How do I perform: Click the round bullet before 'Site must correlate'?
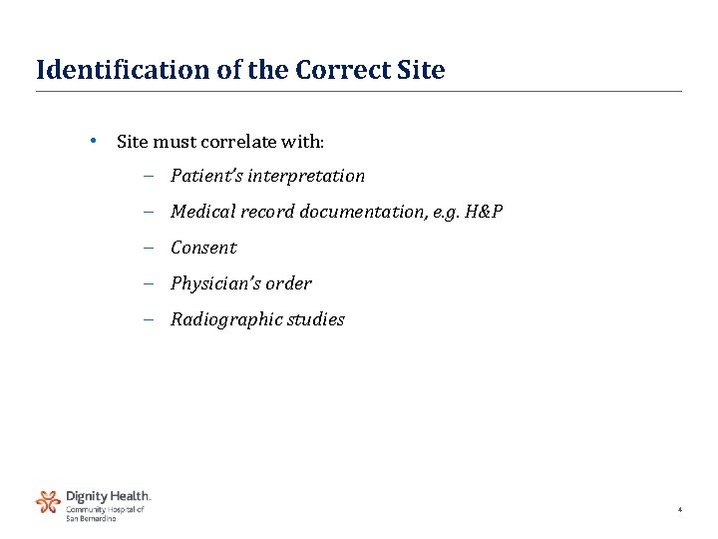(92, 140)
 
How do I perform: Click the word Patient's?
(206, 176)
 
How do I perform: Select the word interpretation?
(306, 177)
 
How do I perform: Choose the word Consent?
(203, 248)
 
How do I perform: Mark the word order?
(288, 283)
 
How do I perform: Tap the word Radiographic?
(220, 320)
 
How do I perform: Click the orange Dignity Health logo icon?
(48, 501)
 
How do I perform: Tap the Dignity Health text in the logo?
(109, 495)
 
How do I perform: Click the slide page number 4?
(679, 510)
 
